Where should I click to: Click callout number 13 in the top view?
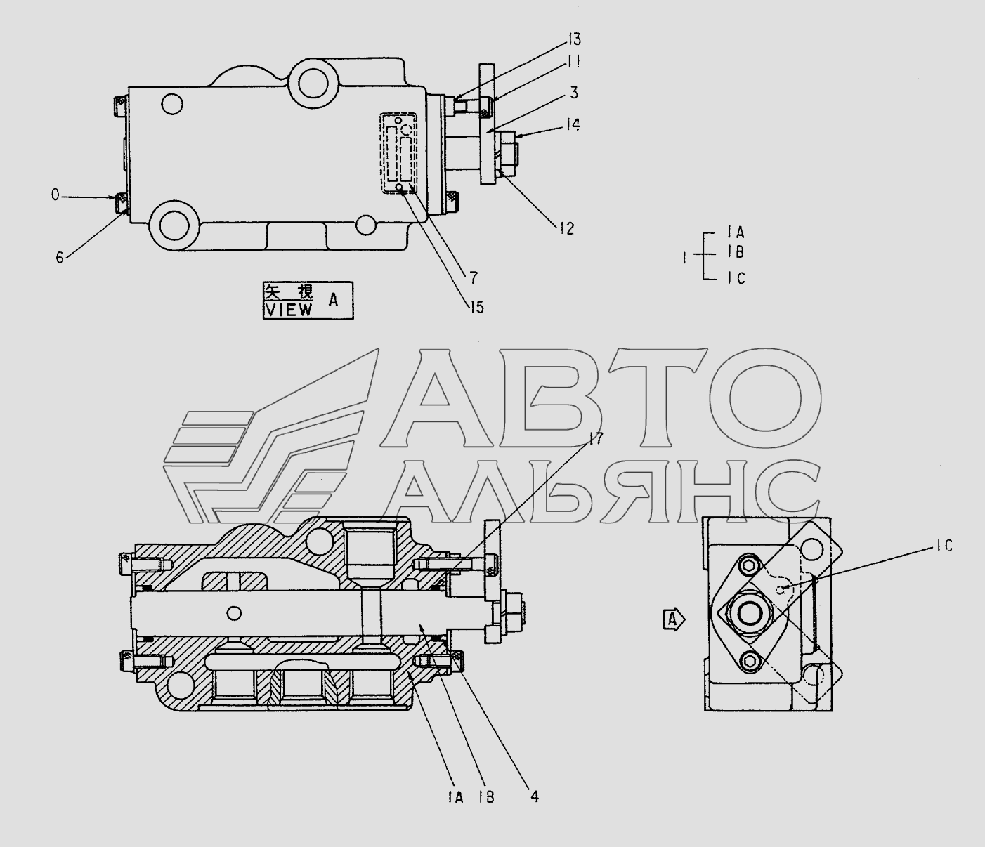(575, 39)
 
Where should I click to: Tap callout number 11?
(573, 62)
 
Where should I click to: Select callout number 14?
(573, 125)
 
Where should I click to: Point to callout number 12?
(566, 229)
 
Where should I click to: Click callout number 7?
(474, 277)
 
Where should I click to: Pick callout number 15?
(476, 308)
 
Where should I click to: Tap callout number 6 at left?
(60, 258)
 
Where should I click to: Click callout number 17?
(596, 438)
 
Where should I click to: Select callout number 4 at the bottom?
(535, 796)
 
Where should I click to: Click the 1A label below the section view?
(455, 797)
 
